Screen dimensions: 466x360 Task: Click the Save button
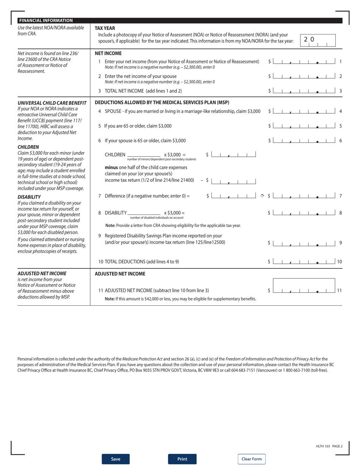coord(116,459)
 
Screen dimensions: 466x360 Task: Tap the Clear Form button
coord(252,459)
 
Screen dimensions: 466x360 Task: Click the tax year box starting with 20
coord(318,40)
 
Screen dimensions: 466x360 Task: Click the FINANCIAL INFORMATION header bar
coord(180,20)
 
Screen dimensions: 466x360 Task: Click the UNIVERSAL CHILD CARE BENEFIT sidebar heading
coord(52,103)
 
